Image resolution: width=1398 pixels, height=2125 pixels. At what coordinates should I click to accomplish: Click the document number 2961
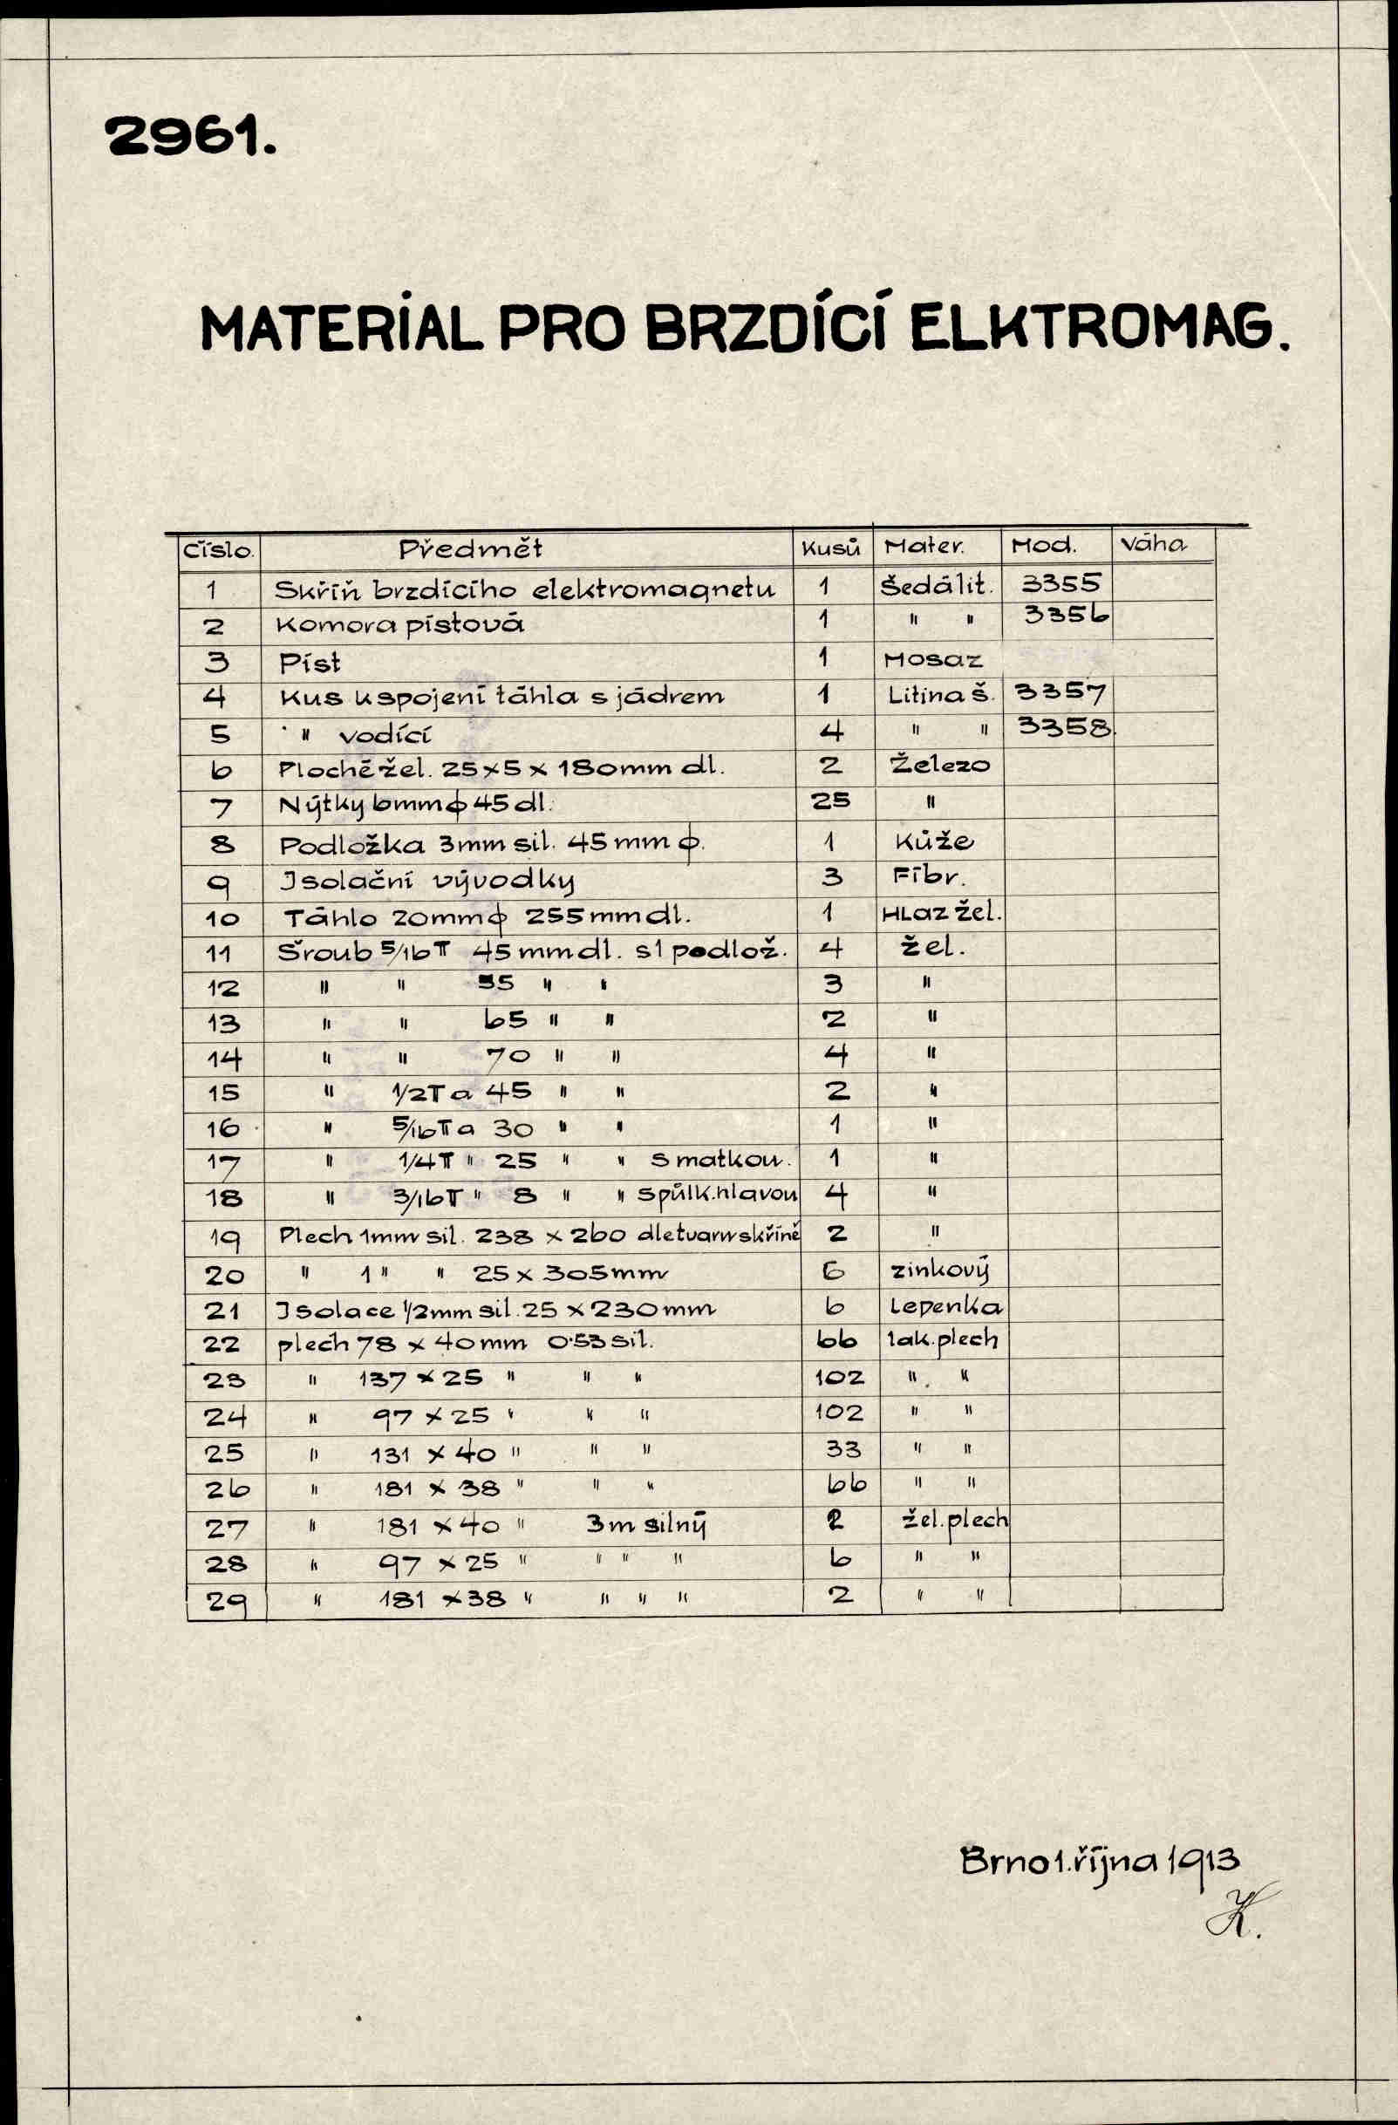click(190, 138)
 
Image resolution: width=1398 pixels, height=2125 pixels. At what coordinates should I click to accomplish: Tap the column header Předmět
click(470, 548)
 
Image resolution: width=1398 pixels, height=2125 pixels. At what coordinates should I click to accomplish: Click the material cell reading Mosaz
click(933, 661)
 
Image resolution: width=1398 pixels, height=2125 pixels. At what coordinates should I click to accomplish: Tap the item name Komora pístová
click(400, 625)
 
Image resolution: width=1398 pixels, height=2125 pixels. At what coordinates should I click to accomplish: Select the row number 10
click(222, 919)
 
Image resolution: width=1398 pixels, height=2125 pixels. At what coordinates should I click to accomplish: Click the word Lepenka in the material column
click(945, 1307)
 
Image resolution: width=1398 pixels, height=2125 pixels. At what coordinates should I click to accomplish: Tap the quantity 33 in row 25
click(837, 1448)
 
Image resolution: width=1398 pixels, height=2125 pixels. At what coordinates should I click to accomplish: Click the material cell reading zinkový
click(939, 1270)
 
